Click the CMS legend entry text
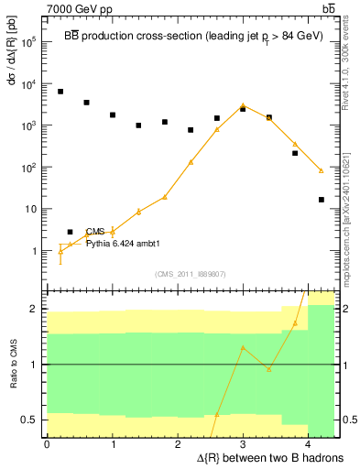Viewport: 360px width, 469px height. [95, 233]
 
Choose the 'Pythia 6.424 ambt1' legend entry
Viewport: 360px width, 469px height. [116, 245]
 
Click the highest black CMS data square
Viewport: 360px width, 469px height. [60, 92]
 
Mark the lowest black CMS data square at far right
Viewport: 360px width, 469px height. [321, 200]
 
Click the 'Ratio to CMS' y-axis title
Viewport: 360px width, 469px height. [12, 364]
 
